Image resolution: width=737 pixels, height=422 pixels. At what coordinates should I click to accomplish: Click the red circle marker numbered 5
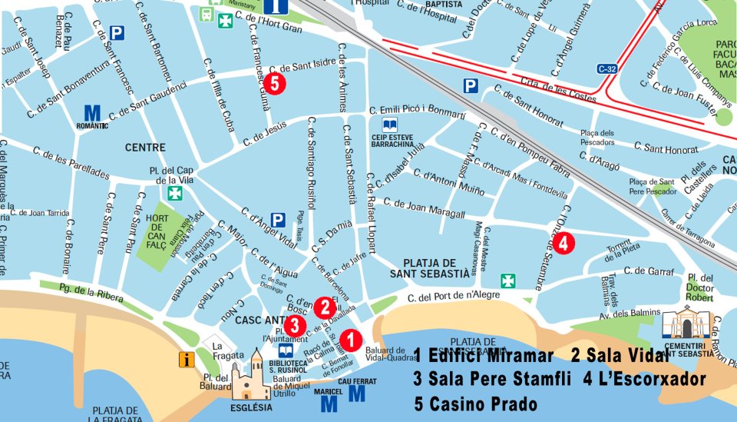point(277,83)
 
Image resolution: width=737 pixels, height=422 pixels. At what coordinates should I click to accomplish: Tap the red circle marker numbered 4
point(563,244)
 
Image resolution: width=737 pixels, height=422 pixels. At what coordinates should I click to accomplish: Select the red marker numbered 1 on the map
point(351,339)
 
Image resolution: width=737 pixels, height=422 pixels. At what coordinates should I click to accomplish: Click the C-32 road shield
point(607,69)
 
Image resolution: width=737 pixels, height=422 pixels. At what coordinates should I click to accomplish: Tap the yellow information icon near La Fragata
point(186,359)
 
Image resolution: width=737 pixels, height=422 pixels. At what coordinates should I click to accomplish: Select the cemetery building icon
point(686,322)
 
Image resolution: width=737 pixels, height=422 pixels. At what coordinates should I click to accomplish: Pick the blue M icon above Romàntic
point(92,114)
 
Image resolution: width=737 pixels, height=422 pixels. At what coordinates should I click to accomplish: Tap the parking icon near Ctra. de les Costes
point(471,86)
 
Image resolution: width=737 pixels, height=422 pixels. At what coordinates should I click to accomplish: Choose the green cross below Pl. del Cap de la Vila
point(176,192)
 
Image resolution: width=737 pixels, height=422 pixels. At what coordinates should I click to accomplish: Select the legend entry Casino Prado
point(476,404)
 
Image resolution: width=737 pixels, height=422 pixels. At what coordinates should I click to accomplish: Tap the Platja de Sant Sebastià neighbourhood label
point(429,267)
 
